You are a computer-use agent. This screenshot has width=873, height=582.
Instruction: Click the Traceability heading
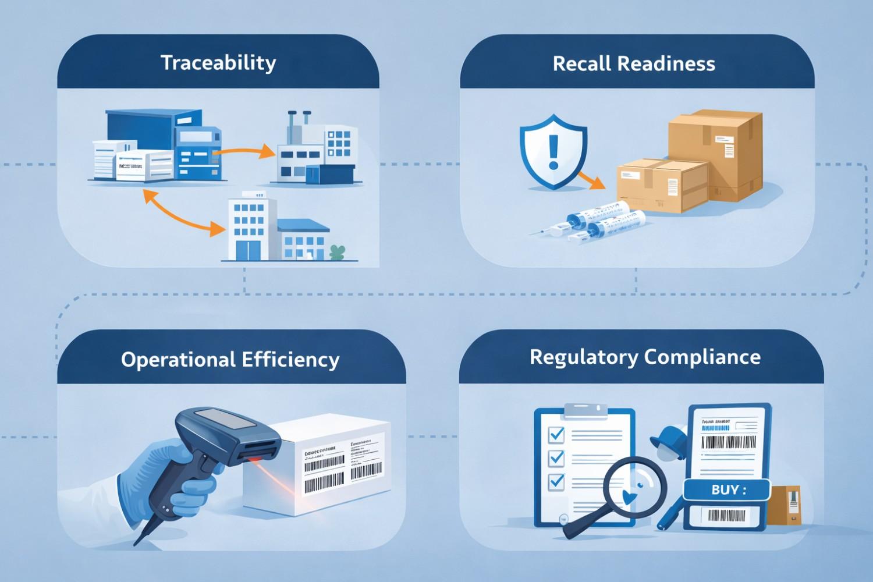click(218, 63)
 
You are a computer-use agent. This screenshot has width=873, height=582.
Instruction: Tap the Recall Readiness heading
click(634, 63)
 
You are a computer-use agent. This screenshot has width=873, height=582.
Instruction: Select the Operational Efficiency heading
click(230, 359)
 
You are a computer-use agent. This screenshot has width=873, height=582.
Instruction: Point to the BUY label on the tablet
click(727, 490)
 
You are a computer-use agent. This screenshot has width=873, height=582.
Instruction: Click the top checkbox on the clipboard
click(556, 434)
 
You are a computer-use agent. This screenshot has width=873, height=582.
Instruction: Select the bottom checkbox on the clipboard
click(556, 481)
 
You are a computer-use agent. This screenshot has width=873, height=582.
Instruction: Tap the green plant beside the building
click(336, 252)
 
